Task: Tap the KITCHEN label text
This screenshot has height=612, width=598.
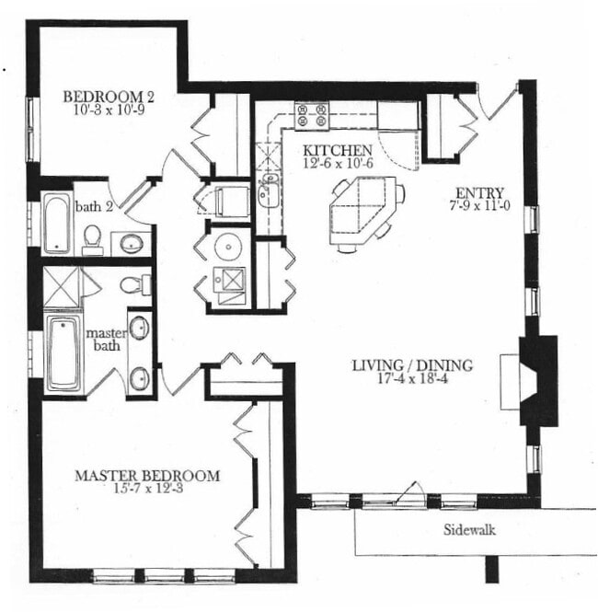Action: click(x=338, y=150)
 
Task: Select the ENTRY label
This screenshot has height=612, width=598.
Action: click(x=478, y=194)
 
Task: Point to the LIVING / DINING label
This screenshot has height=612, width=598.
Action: click(x=412, y=365)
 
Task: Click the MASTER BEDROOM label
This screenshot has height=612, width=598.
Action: click(x=147, y=476)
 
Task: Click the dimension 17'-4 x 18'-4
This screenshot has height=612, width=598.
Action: click(x=412, y=379)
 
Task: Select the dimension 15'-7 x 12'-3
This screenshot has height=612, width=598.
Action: click(x=147, y=490)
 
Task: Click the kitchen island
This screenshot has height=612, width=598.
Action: click(x=365, y=211)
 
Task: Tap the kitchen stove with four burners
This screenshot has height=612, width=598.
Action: click(x=312, y=116)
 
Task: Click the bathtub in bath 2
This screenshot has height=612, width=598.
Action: click(x=57, y=223)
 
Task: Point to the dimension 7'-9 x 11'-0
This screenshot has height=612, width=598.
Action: click(x=479, y=207)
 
